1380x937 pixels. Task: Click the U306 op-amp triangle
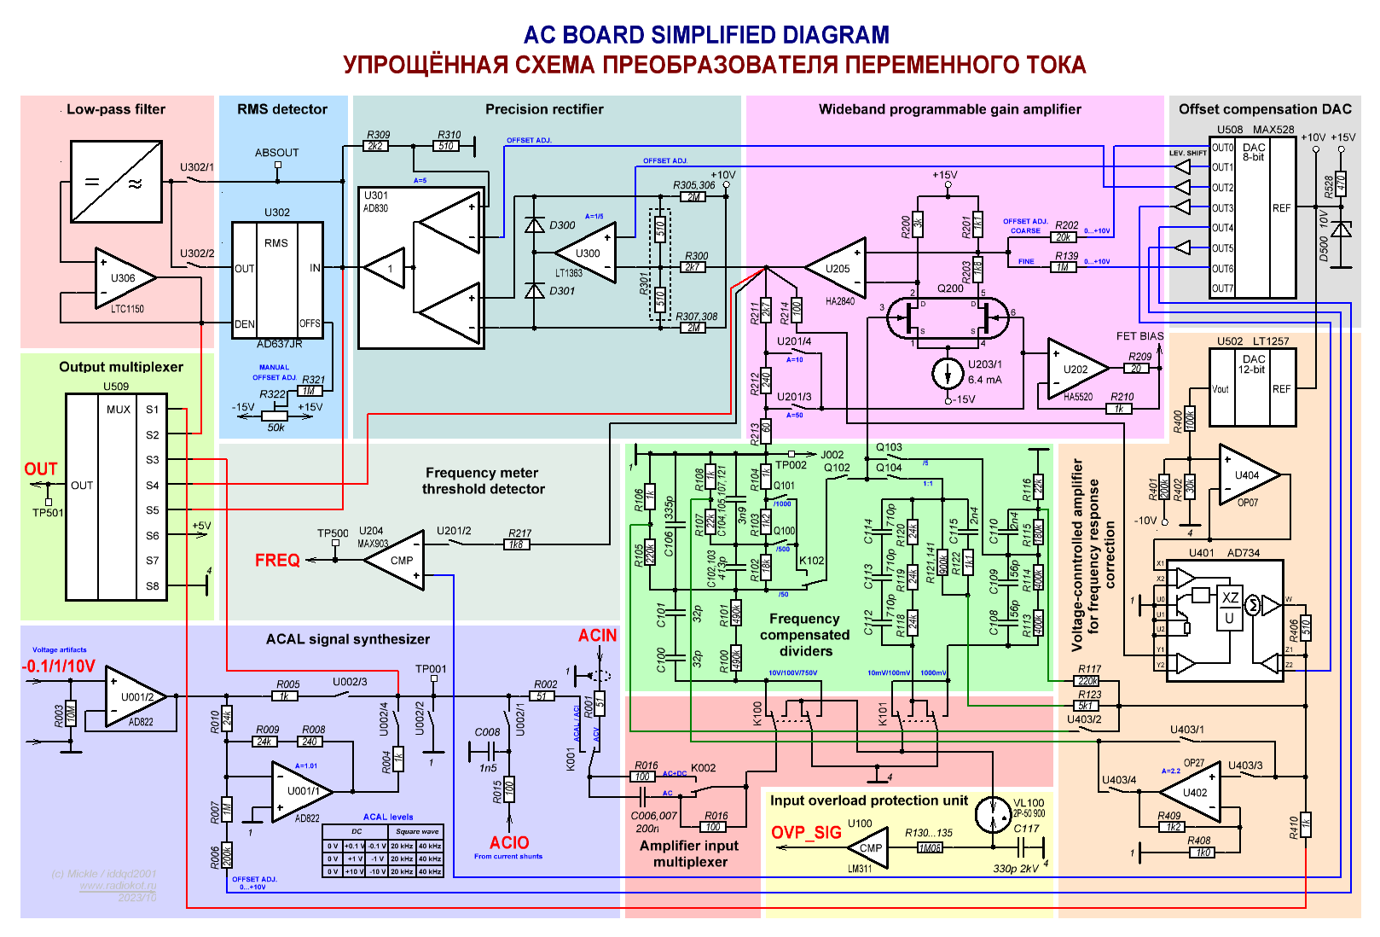click(124, 278)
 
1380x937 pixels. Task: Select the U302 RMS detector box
click(277, 279)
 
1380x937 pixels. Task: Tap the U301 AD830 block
click(421, 268)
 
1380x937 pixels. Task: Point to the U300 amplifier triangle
click(587, 253)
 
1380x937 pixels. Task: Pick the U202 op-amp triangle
click(1076, 370)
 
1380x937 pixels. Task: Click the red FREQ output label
click(277, 561)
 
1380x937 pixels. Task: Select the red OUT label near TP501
click(41, 469)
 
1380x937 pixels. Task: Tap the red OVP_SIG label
click(806, 833)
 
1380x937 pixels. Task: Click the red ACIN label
click(597, 636)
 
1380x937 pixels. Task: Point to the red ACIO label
click(509, 843)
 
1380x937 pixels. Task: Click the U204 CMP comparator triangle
click(397, 560)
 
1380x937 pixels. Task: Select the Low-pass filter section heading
click(116, 109)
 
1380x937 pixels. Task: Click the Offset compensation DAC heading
click(1265, 109)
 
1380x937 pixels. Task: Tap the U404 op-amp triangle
click(1247, 474)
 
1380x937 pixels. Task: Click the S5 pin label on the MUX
click(153, 510)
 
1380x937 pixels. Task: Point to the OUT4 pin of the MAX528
click(1222, 229)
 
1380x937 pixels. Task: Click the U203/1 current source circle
click(948, 373)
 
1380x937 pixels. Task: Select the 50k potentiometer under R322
click(276, 416)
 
